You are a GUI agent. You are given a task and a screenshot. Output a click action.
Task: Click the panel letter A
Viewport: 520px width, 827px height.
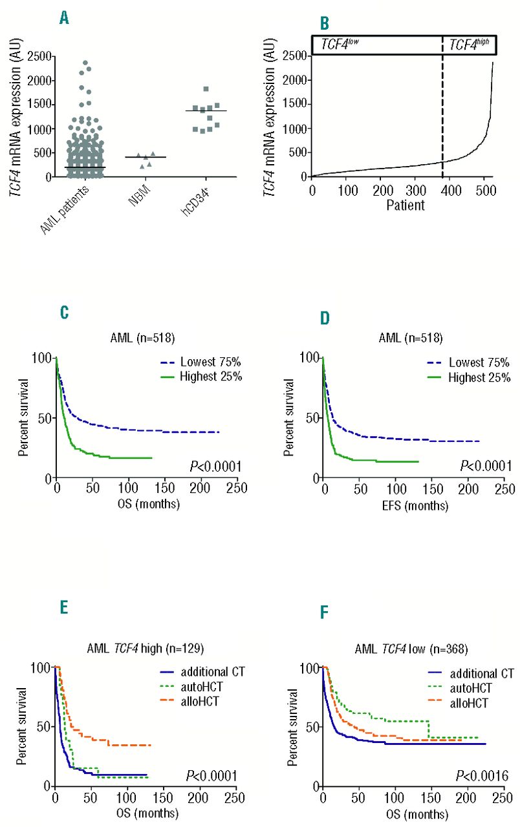64,18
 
